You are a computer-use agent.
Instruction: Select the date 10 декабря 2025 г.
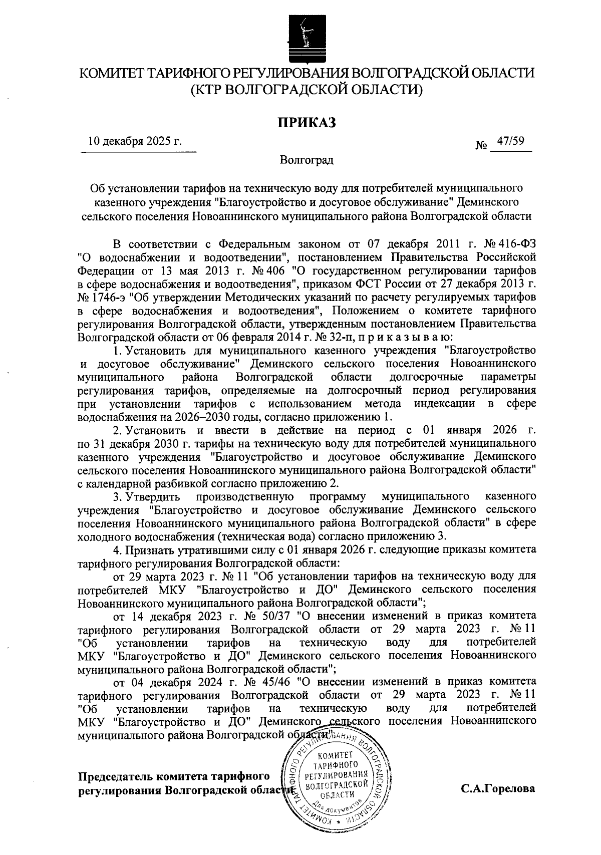click(135, 142)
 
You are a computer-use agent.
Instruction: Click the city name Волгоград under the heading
click(307, 160)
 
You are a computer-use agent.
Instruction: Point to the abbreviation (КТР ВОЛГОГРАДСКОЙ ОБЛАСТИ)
click(306, 90)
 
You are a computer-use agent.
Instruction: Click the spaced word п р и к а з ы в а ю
click(396, 336)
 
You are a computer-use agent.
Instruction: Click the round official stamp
click(337, 785)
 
